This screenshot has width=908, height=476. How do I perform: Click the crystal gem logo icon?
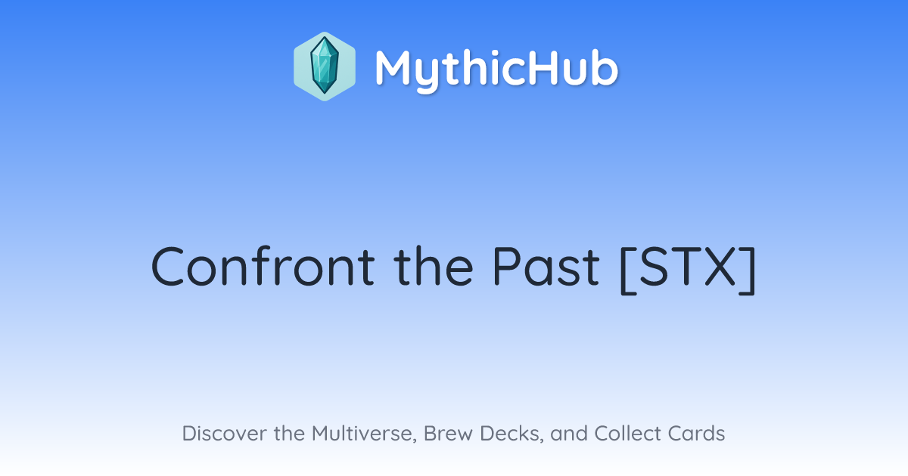(325, 66)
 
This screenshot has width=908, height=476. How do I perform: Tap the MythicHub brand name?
(496, 69)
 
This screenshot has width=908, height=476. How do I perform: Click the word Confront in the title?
(263, 266)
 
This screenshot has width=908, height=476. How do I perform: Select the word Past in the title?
(546, 266)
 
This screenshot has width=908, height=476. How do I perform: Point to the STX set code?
(688, 266)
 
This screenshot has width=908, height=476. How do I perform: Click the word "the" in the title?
(434, 266)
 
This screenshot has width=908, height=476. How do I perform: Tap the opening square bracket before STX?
(627, 270)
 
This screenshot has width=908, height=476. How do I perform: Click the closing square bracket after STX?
(748, 270)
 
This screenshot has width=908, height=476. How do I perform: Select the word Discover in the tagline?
(224, 433)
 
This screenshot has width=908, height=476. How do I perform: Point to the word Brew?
(448, 433)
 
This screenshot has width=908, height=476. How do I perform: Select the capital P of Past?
(507, 266)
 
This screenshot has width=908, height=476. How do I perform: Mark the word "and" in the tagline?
(569, 433)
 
